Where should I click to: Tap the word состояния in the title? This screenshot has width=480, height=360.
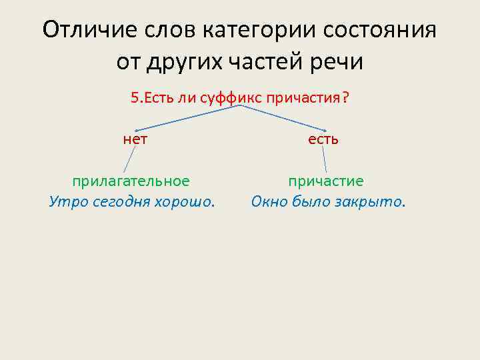click(x=377, y=30)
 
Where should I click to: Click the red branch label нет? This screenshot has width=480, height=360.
click(x=135, y=139)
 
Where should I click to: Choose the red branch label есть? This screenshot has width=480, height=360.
click(x=323, y=139)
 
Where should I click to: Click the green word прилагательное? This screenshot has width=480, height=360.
click(x=131, y=181)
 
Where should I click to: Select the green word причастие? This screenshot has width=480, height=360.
click(x=326, y=181)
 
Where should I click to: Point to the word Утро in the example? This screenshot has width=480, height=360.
click(x=65, y=201)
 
